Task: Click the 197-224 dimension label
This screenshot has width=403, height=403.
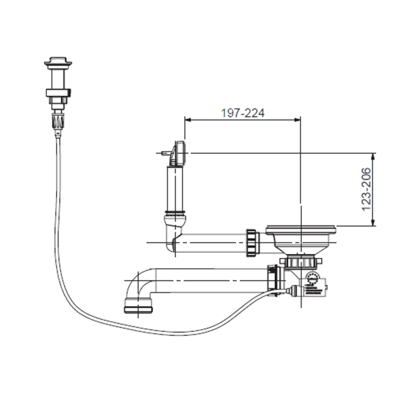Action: (x=242, y=113)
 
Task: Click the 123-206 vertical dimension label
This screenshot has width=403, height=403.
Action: (x=367, y=189)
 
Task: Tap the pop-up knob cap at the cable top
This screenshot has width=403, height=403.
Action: (x=58, y=62)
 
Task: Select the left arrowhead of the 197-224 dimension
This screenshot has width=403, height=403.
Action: (x=188, y=120)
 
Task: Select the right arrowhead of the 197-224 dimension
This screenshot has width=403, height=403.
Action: (x=298, y=120)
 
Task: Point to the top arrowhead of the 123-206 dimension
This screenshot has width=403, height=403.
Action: (x=374, y=156)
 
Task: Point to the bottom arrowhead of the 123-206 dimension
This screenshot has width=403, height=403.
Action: (x=374, y=223)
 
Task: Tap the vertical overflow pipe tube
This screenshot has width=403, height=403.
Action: (x=175, y=189)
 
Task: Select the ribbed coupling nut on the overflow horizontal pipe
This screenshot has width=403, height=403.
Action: (x=252, y=243)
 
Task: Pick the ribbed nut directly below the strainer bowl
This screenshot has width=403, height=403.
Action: (x=301, y=262)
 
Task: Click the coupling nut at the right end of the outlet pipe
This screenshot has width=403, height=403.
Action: (x=275, y=280)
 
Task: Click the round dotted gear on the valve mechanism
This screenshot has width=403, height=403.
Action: (x=313, y=278)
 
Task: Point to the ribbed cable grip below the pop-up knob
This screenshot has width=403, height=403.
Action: (x=58, y=121)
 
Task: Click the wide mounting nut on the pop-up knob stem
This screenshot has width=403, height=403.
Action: (x=58, y=93)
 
